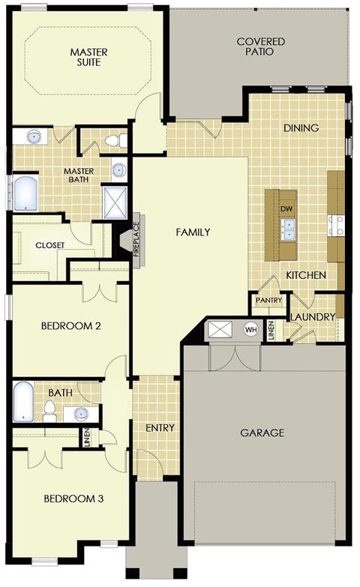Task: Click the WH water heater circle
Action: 251,330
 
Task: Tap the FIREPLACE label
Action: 136,240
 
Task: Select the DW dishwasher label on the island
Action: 286,209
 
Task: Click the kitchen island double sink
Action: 288,229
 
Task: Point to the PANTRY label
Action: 268,300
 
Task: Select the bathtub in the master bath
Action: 25,193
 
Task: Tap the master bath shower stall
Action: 115,202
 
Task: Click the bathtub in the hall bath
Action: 23,402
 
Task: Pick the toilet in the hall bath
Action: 49,411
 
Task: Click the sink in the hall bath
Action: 81,414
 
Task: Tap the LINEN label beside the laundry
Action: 271,330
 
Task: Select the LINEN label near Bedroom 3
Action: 87,438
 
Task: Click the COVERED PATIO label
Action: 261,46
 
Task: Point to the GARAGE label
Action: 262,433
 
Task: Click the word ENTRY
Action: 160,428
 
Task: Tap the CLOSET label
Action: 49,245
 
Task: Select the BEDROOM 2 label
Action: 70,325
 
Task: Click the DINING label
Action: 301,128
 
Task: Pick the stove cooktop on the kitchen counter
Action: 336,226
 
